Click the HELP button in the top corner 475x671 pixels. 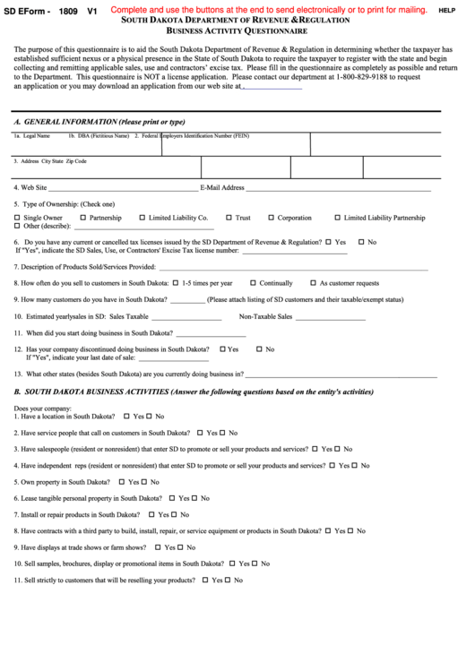point(446,10)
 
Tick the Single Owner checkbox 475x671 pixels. point(17,218)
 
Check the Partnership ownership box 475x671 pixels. point(83,218)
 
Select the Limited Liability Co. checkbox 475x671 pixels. point(142,218)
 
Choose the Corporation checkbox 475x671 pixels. point(271,218)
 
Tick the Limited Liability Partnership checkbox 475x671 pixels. point(337,218)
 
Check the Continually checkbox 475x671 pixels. point(254,283)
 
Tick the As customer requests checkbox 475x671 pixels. point(313,283)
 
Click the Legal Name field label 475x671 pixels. point(37,136)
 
